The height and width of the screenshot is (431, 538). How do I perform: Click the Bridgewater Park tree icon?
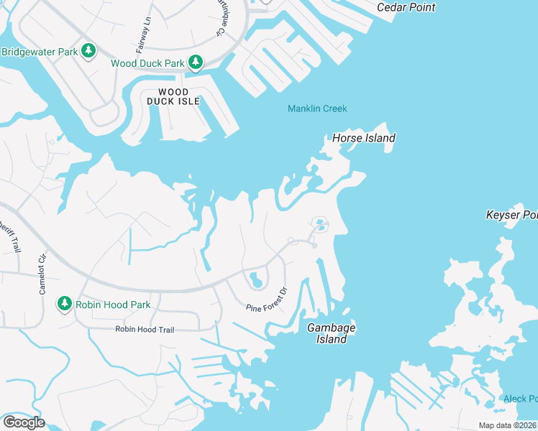click(x=88, y=51)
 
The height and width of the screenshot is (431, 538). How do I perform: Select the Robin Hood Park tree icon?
click(x=65, y=305)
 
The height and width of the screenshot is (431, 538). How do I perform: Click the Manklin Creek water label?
click(x=317, y=108)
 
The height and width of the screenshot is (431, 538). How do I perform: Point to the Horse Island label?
click(x=363, y=138)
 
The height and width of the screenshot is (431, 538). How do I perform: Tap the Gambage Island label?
click(x=332, y=333)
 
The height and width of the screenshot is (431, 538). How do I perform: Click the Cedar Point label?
click(x=406, y=7)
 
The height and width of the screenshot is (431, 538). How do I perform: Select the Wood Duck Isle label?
click(x=173, y=97)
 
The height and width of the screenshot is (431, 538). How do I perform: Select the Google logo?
click(x=24, y=422)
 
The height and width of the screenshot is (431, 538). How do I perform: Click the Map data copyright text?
click(x=508, y=425)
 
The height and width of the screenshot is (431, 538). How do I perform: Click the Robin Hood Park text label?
click(x=113, y=305)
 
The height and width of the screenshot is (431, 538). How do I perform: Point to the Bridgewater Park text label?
click(x=39, y=51)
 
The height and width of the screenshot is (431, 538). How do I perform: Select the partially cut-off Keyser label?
click(x=511, y=215)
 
